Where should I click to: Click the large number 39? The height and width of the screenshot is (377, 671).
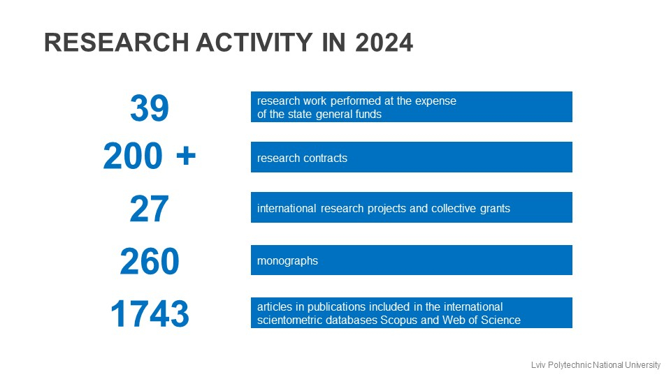click(150, 108)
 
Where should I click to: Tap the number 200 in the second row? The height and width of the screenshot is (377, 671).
click(134, 157)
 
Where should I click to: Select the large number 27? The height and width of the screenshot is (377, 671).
click(150, 209)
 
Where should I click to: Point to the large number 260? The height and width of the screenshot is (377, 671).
click(150, 262)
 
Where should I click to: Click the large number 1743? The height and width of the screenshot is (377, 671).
click(150, 314)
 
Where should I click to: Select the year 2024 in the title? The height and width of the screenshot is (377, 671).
click(384, 43)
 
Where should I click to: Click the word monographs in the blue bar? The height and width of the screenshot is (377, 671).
click(287, 261)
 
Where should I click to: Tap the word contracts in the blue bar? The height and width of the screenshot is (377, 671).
click(324, 158)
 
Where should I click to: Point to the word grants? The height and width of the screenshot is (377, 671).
click(494, 209)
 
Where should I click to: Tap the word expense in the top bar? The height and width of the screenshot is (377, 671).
click(436, 101)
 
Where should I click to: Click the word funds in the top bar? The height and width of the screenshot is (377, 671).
click(368, 114)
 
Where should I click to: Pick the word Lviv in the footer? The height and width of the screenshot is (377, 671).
click(539, 364)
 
